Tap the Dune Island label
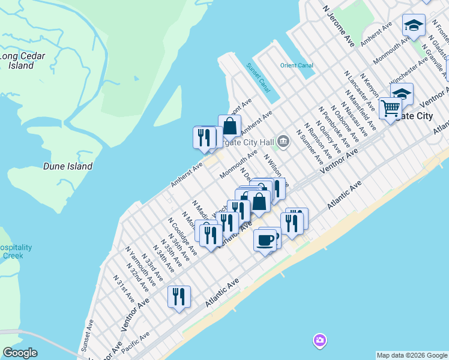tap(68, 166)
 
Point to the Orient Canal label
tap(297, 65)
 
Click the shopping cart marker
tap(390, 109)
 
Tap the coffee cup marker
tap(265, 241)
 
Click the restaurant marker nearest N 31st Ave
tap(179, 297)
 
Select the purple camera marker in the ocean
tap(320, 341)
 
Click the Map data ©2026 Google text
tap(412, 355)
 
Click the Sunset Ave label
tap(88, 335)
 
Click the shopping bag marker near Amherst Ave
tap(229, 126)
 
